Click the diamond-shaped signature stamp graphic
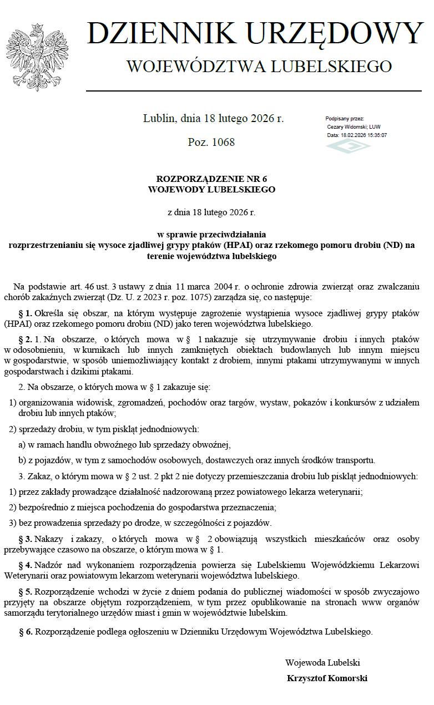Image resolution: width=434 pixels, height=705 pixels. click(x=347, y=146)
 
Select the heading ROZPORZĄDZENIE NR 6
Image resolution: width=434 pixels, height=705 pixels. click(x=212, y=179)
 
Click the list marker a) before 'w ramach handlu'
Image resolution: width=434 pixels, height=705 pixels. click(x=22, y=444)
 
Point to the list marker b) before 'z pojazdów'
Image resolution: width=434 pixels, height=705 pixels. click(x=22, y=460)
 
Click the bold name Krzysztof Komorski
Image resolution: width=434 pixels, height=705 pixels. click(x=327, y=678)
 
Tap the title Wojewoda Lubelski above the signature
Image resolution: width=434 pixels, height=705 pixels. click(x=322, y=662)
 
